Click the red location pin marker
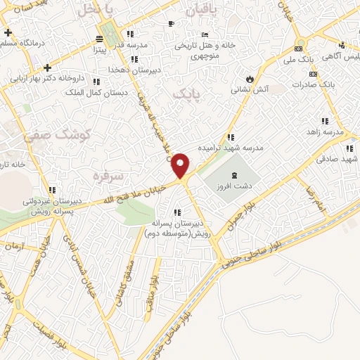[x=181, y=165]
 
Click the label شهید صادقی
[x=337, y=160]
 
